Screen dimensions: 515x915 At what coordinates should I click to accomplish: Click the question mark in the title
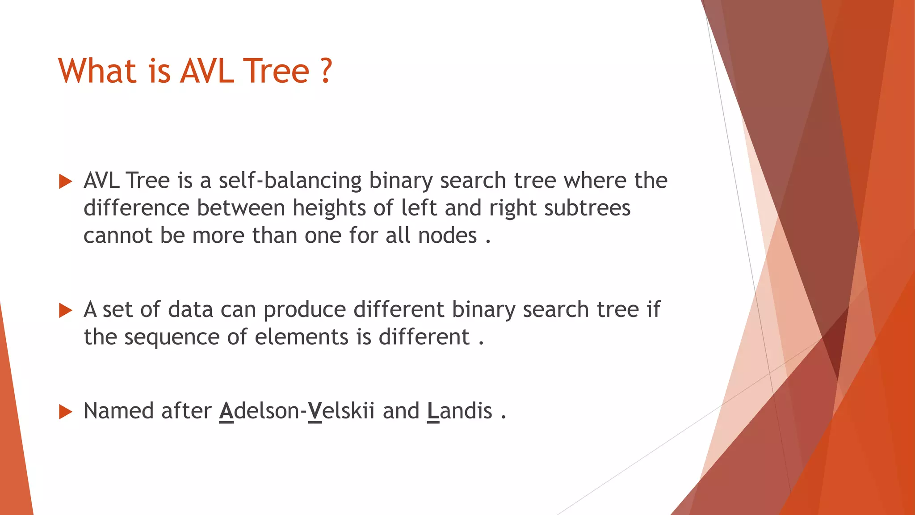coord(326,71)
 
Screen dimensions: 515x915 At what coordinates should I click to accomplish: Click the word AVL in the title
coord(207,71)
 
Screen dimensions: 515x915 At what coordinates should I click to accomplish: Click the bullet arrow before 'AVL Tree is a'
coord(65,182)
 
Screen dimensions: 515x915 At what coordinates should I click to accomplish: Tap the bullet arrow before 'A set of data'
coord(65,310)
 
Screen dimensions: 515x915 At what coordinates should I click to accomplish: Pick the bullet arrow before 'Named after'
coord(65,412)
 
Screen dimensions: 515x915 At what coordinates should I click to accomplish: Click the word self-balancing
coord(290,181)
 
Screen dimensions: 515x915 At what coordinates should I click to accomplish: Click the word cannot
coord(118,236)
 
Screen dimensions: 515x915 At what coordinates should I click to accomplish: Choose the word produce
coord(305,310)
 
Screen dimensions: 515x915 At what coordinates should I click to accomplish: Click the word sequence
coord(172,338)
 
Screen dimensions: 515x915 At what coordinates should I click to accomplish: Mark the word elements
coord(302,337)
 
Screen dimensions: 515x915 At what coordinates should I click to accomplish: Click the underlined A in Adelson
coord(227,411)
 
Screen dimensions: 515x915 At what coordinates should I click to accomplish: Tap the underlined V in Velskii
coord(315,411)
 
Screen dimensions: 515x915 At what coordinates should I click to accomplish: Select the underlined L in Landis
coord(433,411)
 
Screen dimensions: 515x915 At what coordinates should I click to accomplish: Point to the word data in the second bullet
coord(191,310)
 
